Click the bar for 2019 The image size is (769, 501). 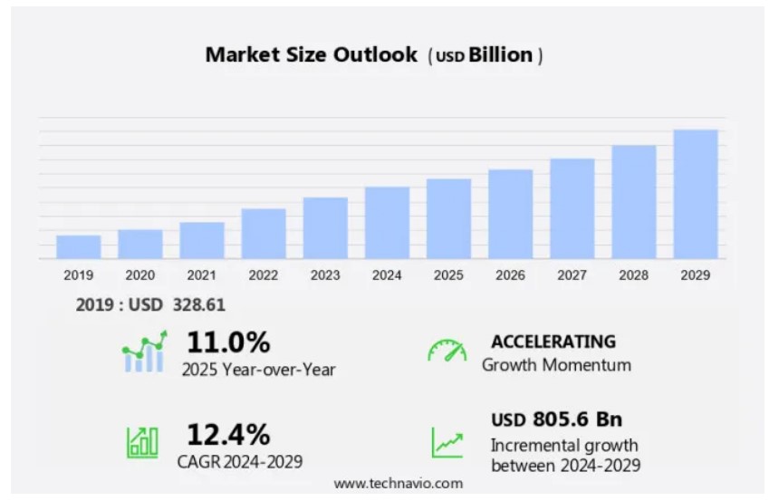79,246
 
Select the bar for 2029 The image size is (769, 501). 696,194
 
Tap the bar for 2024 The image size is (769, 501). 388,223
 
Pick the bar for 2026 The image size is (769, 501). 511,214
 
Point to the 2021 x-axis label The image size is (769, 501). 202,275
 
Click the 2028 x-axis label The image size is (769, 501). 634,275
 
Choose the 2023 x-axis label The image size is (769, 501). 325,275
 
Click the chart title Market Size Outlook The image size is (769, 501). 312,54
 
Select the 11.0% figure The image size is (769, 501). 228,342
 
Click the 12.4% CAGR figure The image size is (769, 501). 228,434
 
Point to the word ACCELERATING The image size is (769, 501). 553,342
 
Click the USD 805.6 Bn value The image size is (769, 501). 557,419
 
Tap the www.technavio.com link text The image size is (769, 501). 398,484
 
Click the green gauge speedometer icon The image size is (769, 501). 447,351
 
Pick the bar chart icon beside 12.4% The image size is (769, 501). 142,441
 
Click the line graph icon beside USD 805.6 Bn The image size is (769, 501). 447,442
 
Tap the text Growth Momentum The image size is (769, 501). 556,365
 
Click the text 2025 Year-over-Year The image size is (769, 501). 258,369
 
